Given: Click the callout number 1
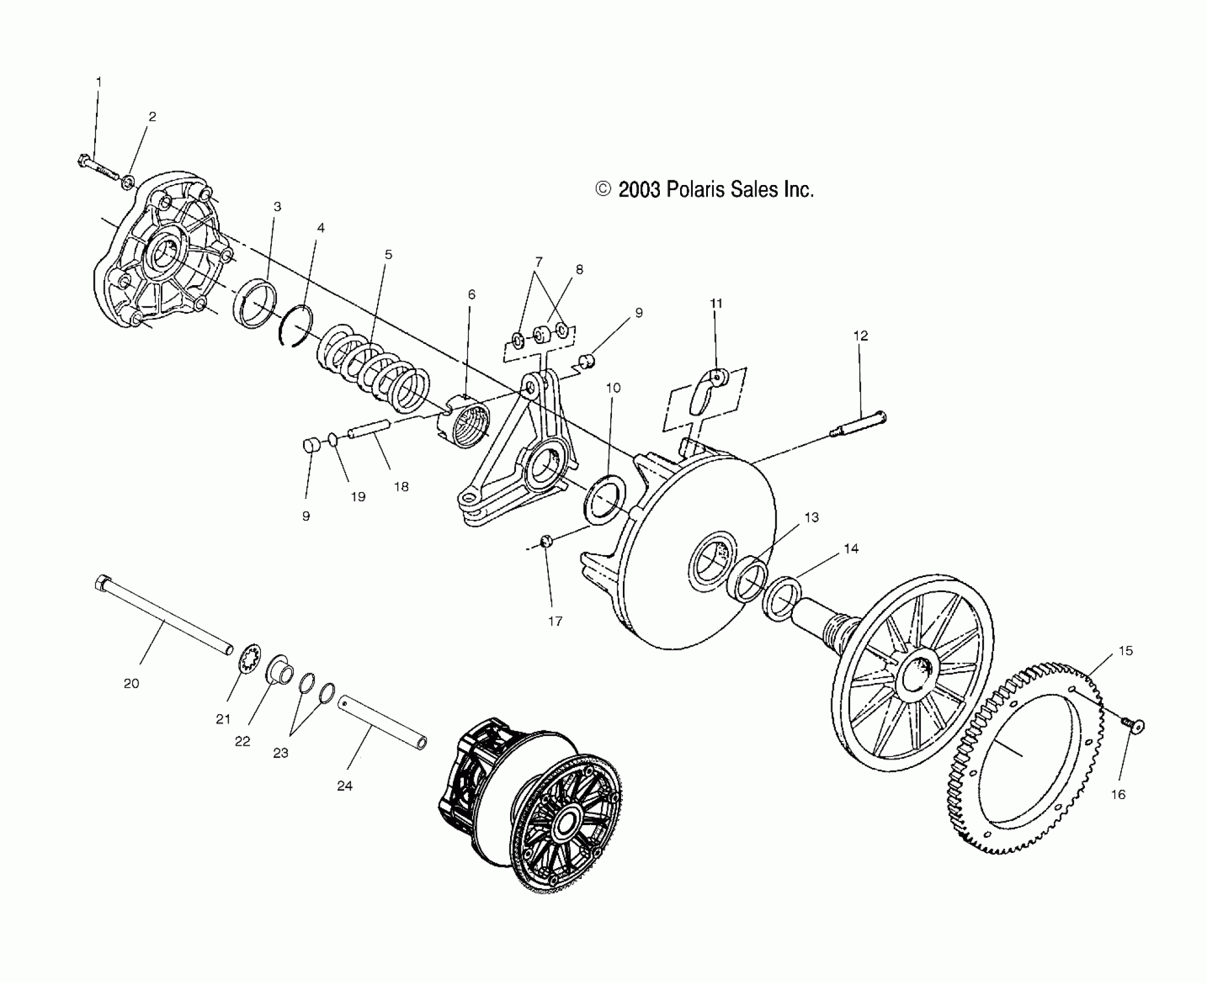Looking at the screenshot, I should (99, 82).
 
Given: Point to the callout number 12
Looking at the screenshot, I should (861, 335).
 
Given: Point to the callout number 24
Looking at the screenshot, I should (345, 786).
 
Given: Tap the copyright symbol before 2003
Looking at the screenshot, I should (603, 189).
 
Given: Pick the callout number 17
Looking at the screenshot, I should (555, 622).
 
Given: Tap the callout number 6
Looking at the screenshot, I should (472, 295).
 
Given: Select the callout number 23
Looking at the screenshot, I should (280, 753).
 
